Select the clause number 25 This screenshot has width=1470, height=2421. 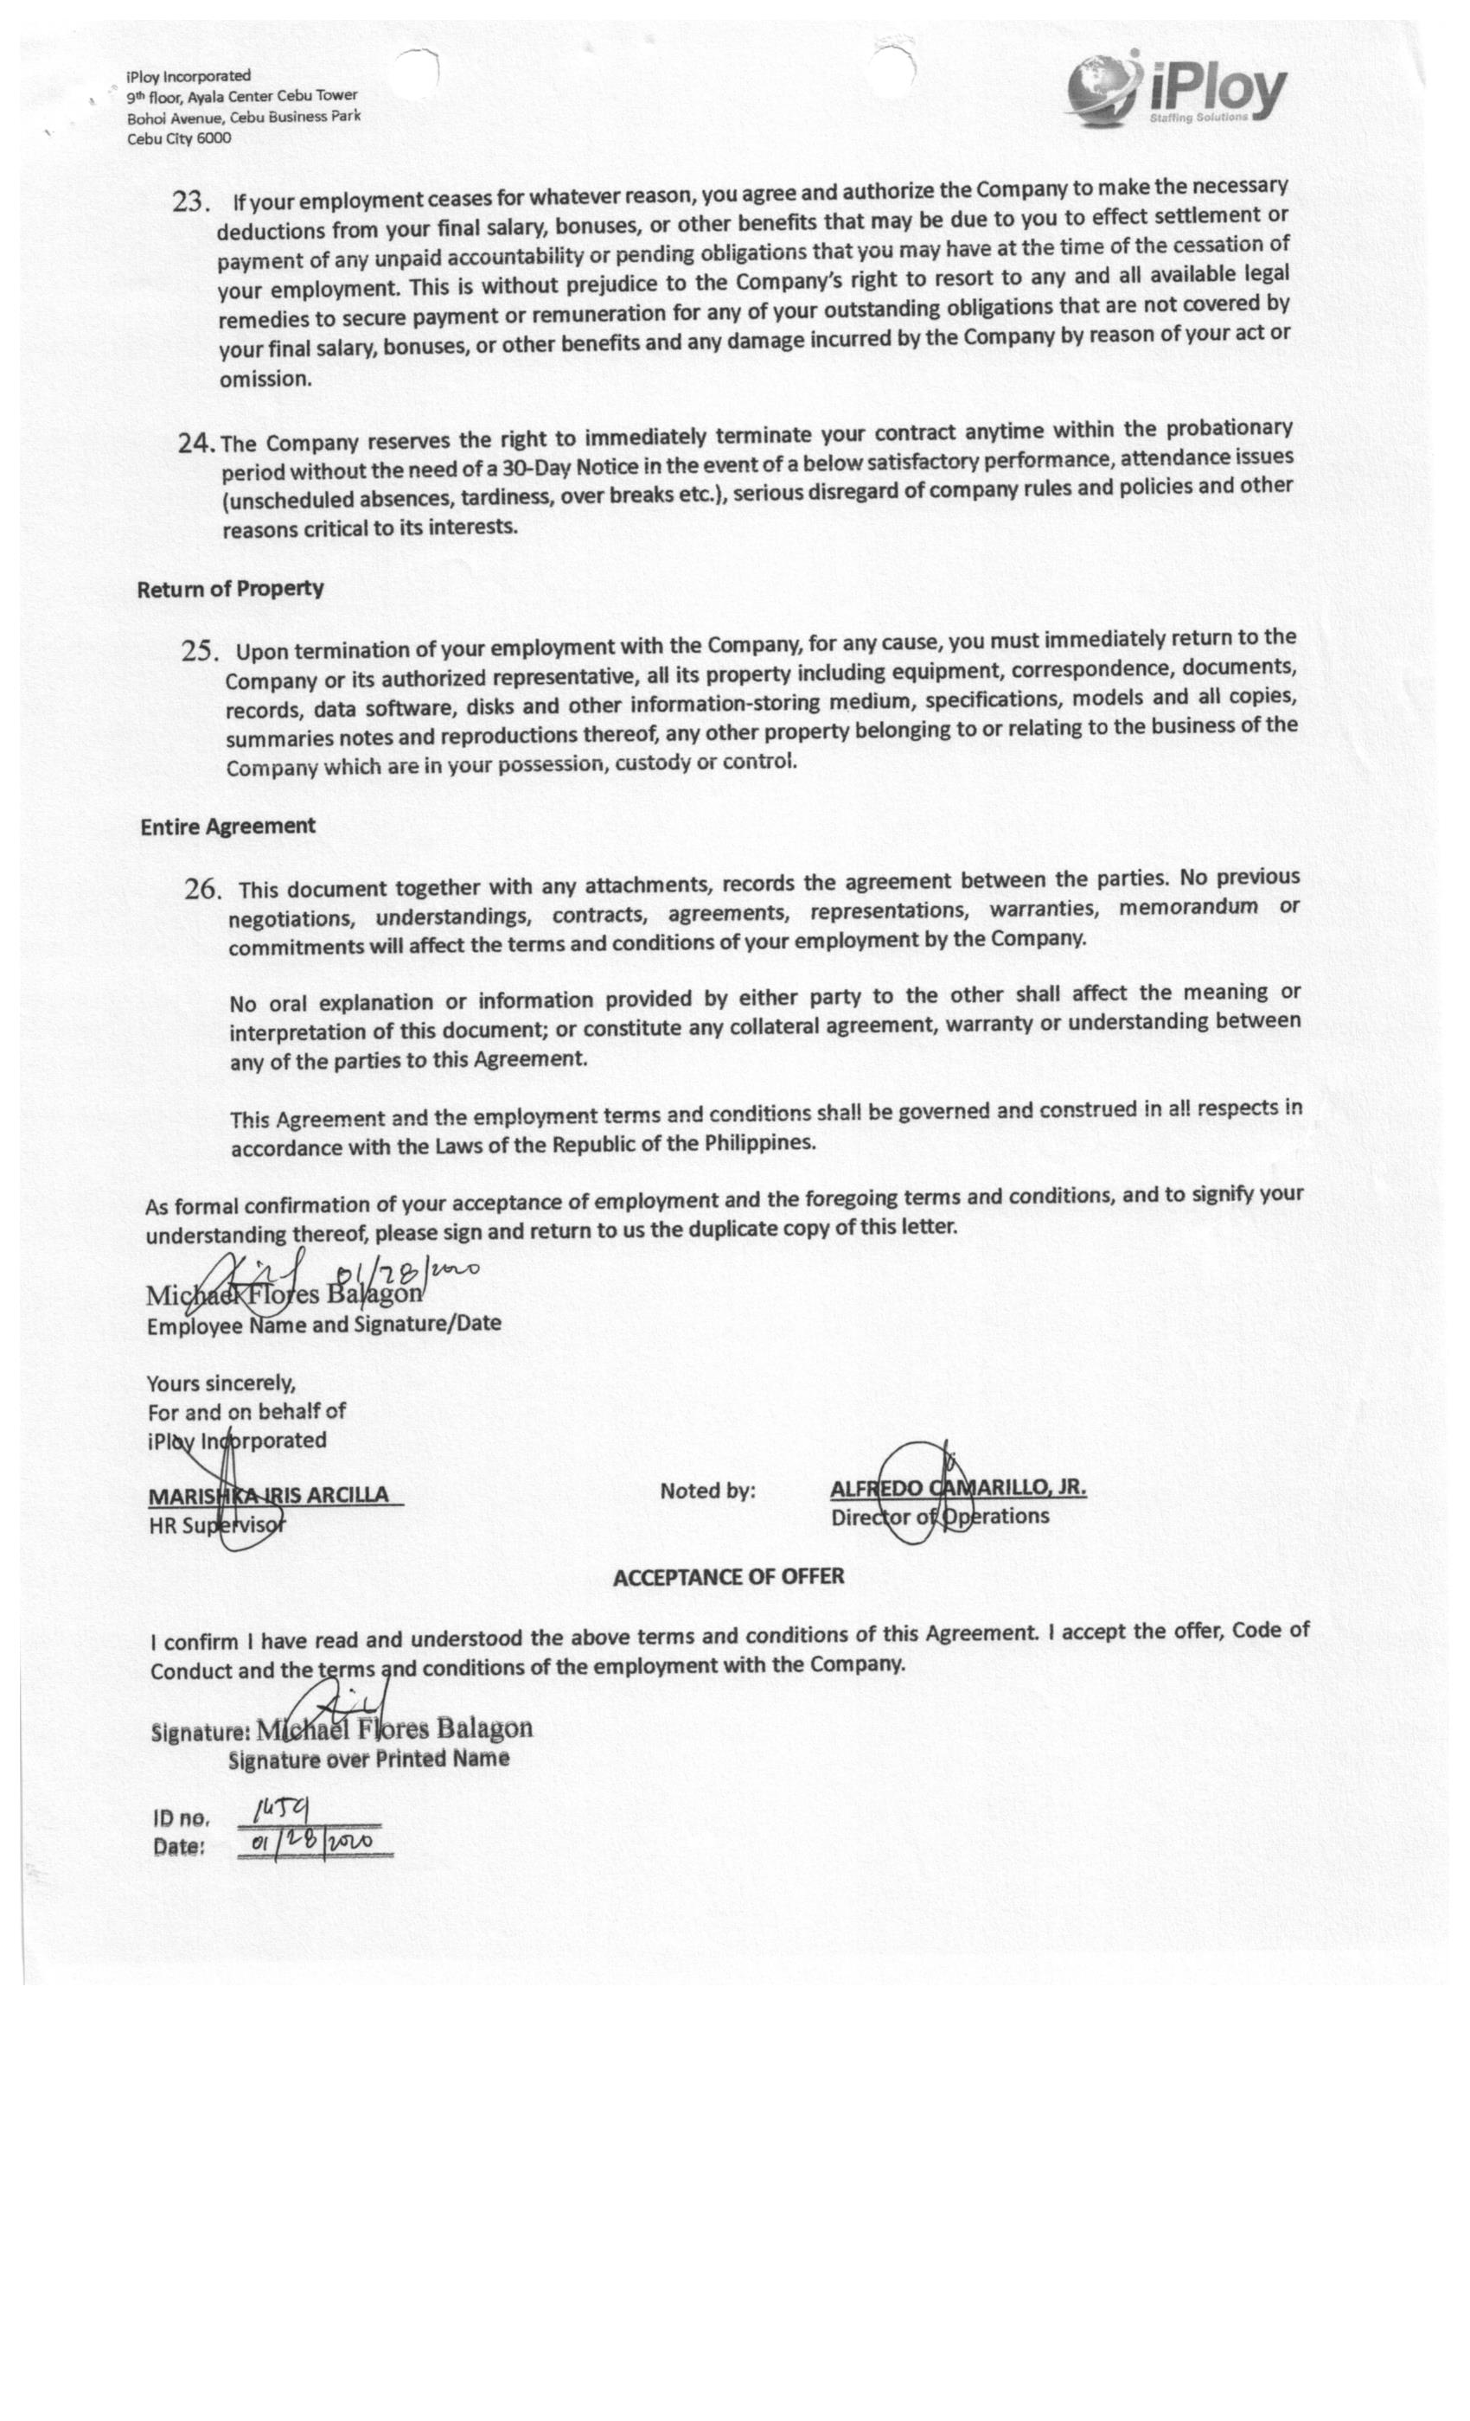click(200, 651)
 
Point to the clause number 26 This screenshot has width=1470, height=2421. click(202, 889)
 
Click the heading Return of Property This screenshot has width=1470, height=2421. click(230, 589)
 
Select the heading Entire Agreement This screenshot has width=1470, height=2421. click(228, 827)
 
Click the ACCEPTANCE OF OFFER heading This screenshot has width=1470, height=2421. click(728, 1577)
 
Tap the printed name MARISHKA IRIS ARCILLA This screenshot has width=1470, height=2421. click(268, 1496)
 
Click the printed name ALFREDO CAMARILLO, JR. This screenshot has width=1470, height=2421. click(957, 1487)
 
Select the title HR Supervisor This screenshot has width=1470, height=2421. click(217, 1526)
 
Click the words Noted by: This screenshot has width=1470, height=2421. click(707, 1492)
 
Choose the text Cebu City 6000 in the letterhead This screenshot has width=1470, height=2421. click(179, 138)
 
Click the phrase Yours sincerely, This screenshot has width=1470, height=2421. click(221, 1384)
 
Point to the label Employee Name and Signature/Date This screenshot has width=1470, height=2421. click(323, 1325)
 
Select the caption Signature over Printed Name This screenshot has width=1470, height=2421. click(368, 1759)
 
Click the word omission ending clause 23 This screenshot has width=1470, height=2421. click(265, 380)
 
